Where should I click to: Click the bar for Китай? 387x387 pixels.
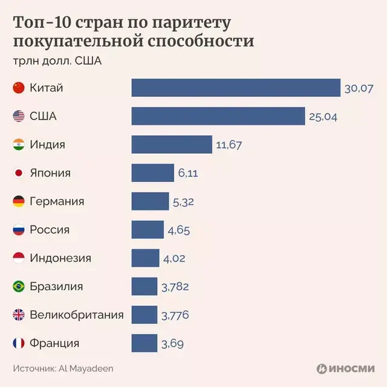236,88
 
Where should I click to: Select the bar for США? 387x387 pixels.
218,116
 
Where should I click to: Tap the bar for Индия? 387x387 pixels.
171,145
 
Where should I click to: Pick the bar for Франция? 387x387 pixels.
144,343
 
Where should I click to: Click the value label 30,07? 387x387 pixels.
359,88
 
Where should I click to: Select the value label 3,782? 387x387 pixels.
175,287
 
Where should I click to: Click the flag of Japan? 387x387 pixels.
18,173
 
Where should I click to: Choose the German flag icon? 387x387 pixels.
18,201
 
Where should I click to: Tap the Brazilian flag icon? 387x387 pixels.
18,287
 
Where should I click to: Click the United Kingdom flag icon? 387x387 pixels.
18,315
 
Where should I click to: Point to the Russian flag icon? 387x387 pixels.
18,230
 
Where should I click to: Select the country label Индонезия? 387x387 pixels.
60,258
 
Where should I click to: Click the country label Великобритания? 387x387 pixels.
77,315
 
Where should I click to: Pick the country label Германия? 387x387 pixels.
57,201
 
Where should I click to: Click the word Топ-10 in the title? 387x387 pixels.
39,24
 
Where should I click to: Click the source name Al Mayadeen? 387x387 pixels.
86,368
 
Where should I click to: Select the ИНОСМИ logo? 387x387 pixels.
345,368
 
